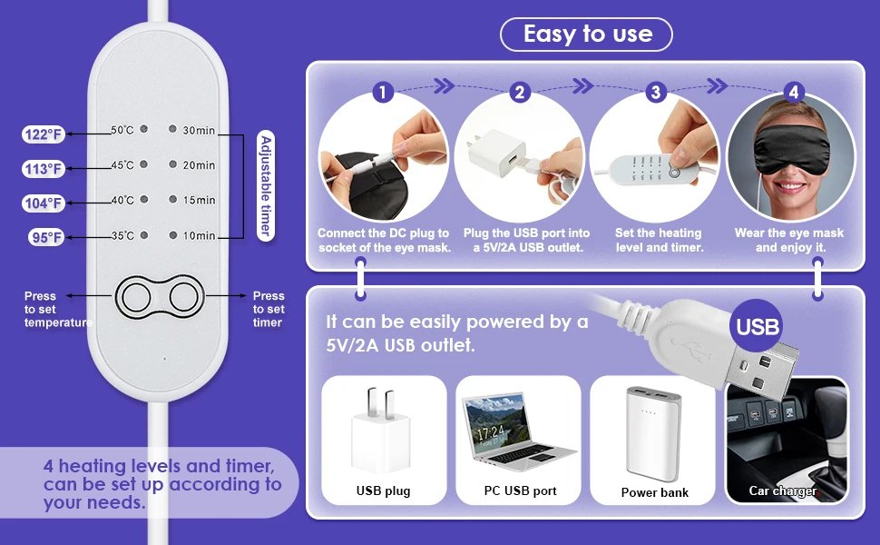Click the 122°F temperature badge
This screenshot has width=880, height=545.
pos(44,135)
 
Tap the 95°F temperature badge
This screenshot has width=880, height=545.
pos(44,238)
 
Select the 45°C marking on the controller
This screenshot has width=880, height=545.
pos(122,165)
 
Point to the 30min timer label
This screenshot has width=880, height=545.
pos(199,131)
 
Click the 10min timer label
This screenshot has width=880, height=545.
pos(199,236)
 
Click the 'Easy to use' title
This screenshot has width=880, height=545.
pos(587,35)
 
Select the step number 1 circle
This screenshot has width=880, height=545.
pos(383,92)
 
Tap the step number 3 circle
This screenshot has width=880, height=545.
pos(656,92)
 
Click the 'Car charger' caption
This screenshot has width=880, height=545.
pos(782,491)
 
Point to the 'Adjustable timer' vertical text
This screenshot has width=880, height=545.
pos(266,185)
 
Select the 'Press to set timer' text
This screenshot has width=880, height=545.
pos(269,309)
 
